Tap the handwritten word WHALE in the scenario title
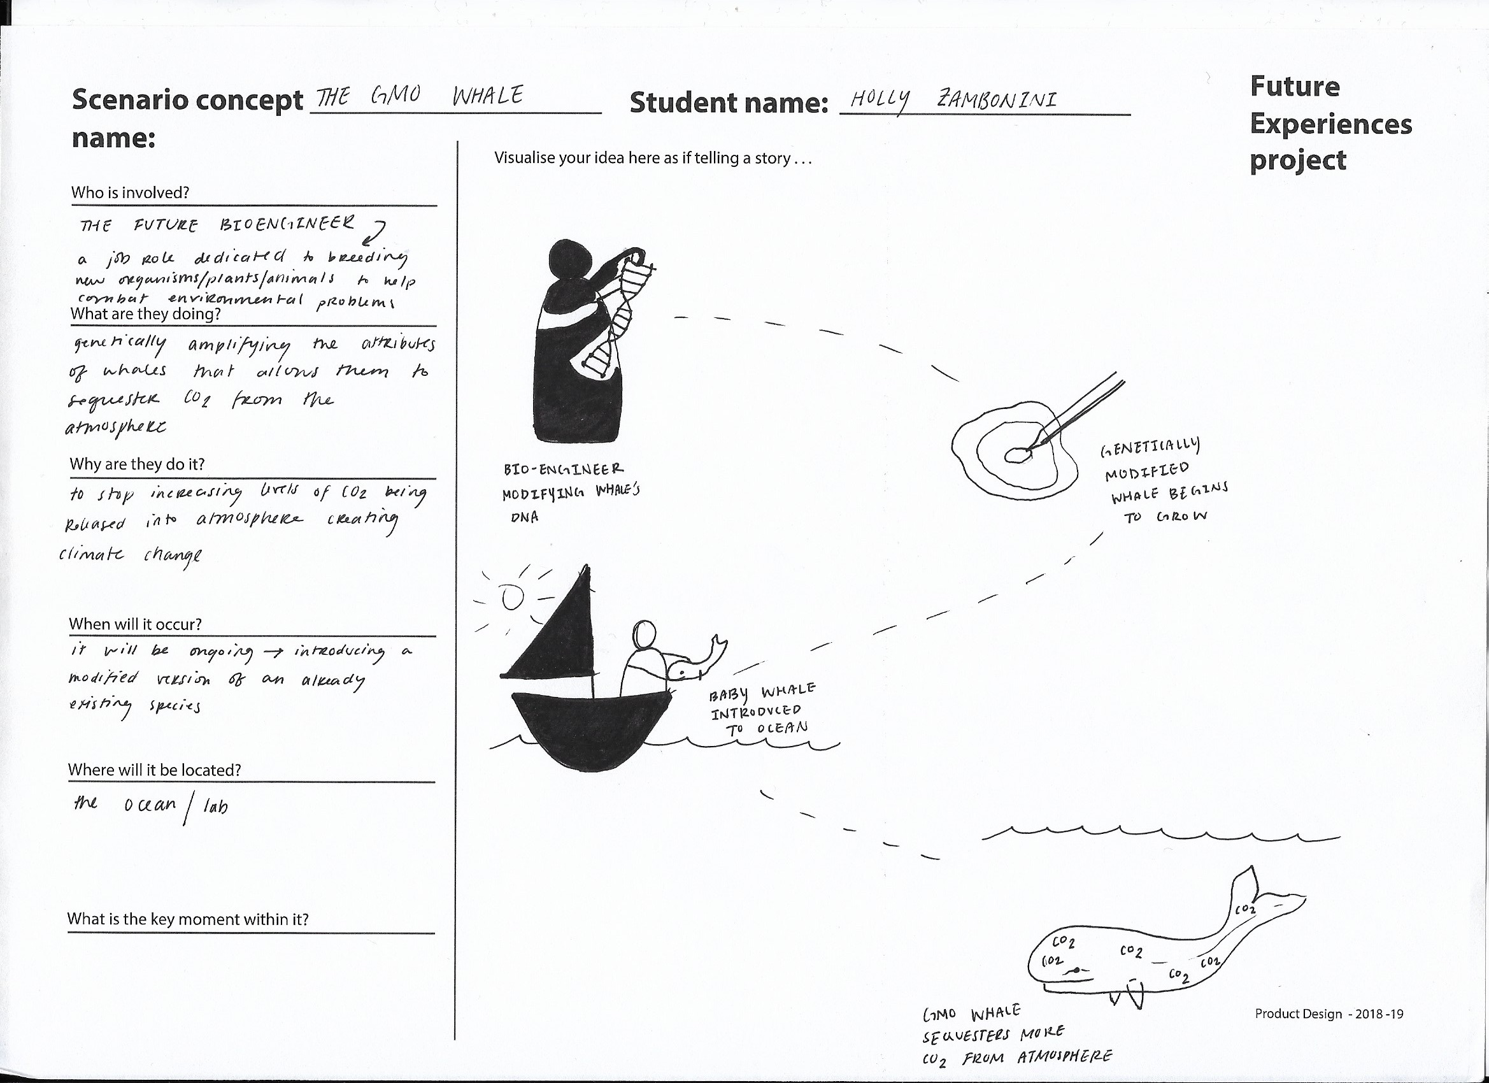[488, 97]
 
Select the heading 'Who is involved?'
[130, 192]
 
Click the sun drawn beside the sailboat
[512, 598]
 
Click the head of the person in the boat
[645, 635]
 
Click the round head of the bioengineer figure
[570, 257]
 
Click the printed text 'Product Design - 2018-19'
[1329, 1014]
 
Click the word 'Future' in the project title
[1294, 86]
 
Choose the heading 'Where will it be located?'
[154, 770]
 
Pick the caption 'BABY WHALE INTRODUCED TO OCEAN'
[762, 710]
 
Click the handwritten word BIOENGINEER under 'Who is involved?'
[285, 224]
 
